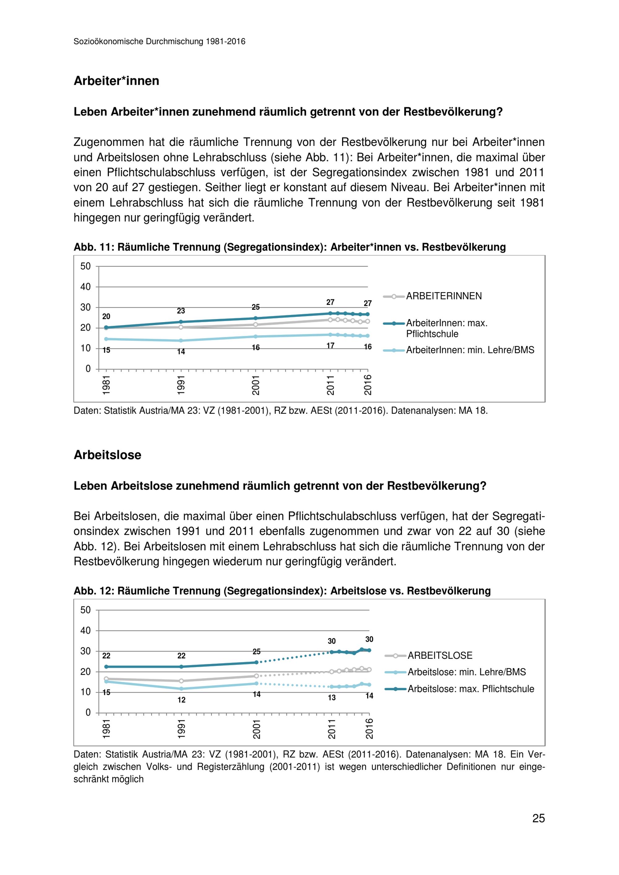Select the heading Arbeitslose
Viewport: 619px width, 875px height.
(x=107, y=455)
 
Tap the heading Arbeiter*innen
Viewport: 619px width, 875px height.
(x=116, y=81)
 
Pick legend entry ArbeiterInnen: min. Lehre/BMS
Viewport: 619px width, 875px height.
(x=470, y=350)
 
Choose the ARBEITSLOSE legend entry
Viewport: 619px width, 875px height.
(x=440, y=656)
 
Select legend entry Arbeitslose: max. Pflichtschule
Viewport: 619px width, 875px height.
(x=471, y=689)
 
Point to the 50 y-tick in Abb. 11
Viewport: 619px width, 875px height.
(x=85, y=266)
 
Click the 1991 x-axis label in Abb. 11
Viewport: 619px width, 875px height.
(x=181, y=385)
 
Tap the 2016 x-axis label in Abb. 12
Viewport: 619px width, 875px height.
(x=369, y=729)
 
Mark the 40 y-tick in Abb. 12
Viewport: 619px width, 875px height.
(x=85, y=631)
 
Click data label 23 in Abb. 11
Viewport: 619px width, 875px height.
(x=181, y=311)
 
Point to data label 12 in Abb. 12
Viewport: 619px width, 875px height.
(x=181, y=700)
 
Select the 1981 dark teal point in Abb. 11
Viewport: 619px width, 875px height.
(x=106, y=327)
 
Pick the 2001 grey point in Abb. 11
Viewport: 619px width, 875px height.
(x=256, y=325)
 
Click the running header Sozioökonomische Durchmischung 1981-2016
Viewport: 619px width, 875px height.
(x=159, y=41)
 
